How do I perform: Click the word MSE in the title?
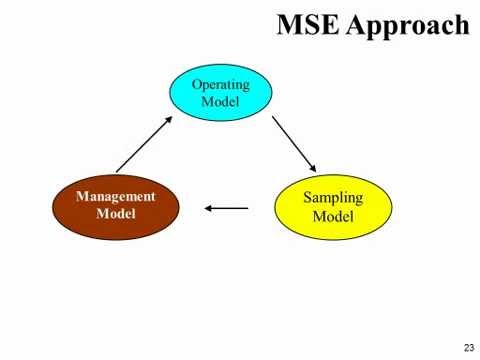click(x=307, y=24)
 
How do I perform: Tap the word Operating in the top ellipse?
click(x=220, y=84)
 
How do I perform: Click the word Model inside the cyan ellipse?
click(x=220, y=101)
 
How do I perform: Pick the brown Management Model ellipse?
click(x=116, y=206)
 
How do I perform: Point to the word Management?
click(x=116, y=197)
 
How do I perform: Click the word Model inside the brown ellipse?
click(x=116, y=214)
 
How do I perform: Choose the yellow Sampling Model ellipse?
click(x=333, y=207)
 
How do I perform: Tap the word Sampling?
click(x=333, y=198)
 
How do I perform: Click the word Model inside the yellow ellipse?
click(x=333, y=216)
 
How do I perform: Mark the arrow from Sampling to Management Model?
click(x=226, y=208)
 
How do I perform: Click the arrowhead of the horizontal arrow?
click(x=208, y=208)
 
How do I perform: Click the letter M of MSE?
click(x=289, y=24)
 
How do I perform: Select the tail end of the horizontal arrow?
click(x=246, y=208)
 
